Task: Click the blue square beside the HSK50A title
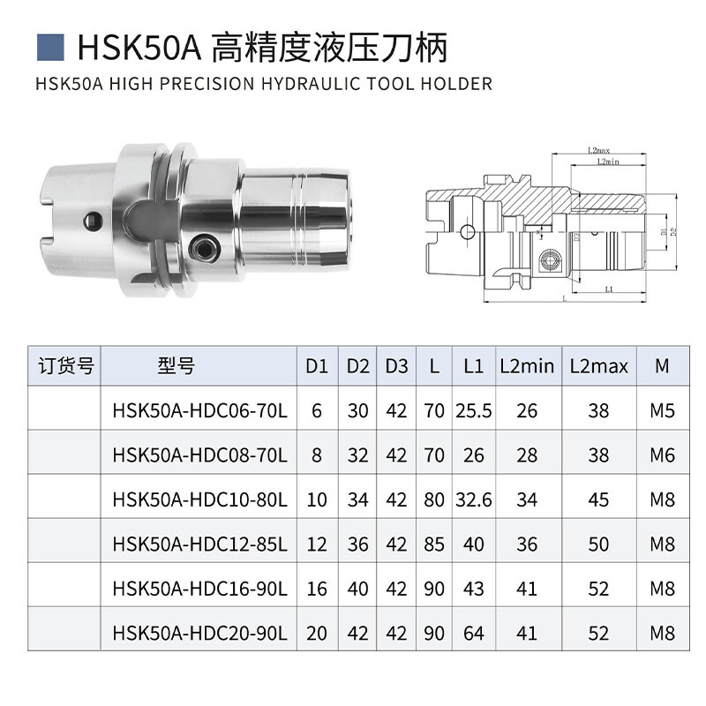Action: click(x=52, y=46)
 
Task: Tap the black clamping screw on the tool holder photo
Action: click(x=207, y=247)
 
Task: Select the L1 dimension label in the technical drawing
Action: click(x=609, y=289)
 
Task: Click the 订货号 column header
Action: click(x=66, y=365)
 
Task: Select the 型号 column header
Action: click(x=176, y=365)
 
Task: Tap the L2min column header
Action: click(x=527, y=365)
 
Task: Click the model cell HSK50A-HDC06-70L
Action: click(x=200, y=410)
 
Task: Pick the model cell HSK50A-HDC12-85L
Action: click(x=200, y=544)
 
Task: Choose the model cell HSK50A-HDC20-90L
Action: click(x=200, y=633)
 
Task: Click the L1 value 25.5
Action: click(x=473, y=410)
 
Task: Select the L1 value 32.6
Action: click(x=473, y=499)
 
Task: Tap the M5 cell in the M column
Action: click(x=662, y=410)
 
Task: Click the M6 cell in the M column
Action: click(x=662, y=455)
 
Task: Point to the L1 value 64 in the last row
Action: click(x=473, y=633)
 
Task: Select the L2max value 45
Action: click(x=598, y=499)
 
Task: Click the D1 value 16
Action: click(x=317, y=589)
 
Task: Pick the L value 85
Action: click(x=434, y=544)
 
